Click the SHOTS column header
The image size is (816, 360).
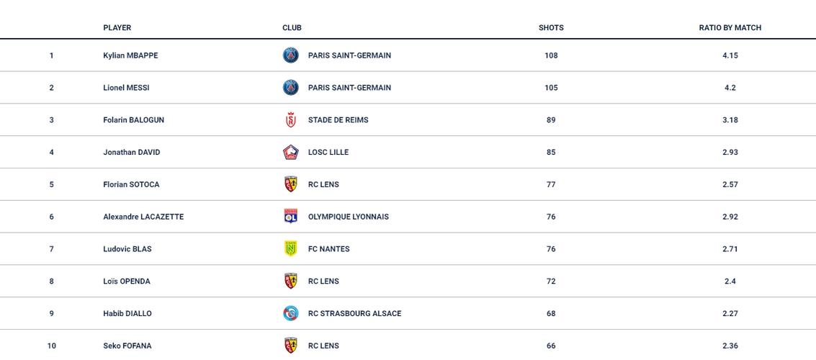pyautogui.click(x=551, y=27)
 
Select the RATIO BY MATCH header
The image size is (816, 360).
pyautogui.click(x=730, y=27)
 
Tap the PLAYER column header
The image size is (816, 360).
pyautogui.click(x=117, y=27)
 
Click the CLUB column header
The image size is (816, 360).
pyautogui.click(x=292, y=27)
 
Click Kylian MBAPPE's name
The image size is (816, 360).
pyautogui.click(x=130, y=55)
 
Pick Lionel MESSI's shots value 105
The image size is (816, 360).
pyautogui.click(x=551, y=88)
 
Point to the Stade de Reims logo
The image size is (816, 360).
pyautogui.click(x=291, y=120)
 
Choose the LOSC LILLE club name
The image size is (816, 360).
pyautogui.click(x=328, y=153)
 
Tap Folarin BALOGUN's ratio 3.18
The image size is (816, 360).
pyautogui.click(x=730, y=120)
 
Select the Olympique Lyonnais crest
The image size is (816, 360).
pyautogui.click(x=291, y=217)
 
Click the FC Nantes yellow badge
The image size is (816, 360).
pyautogui.click(x=291, y=249)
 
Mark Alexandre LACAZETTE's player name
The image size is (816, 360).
pyautogui.click(x=143, y=217)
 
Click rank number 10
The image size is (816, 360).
pyautogui.click(x=51, y=346)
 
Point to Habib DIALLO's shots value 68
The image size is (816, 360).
pyautogui.click(x=551, y=314)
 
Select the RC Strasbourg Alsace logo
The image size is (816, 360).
pyautogui.click(x=291, y=314)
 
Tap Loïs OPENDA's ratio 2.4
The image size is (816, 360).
pyautogui.click(x=730, y=282)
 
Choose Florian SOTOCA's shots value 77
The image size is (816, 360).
pyautogui.click(x=551, y=185)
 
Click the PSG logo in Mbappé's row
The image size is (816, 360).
pyautogui.click(x=291, y=55)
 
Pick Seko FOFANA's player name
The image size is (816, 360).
pyautogui.click(x=127, y=346)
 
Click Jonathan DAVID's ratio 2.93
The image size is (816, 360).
pyautogui.click(x=730, y=153)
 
